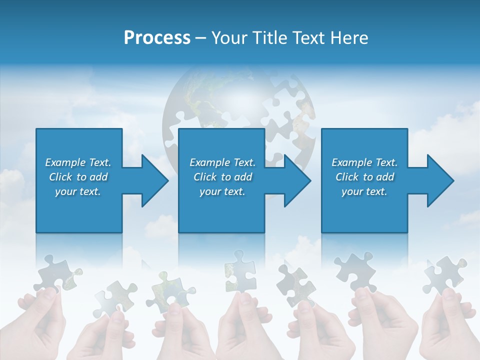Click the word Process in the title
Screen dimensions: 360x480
(x=157, y=38)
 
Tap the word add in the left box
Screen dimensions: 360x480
(x=98, y=177)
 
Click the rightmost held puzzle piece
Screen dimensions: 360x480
(x=444, y=275)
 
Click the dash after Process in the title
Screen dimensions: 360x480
(x=200, y=38)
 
